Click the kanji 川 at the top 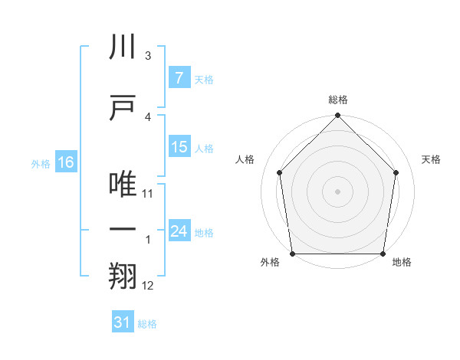(x=122, y=47)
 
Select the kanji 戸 (x=122, y=107)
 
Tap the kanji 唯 (x=122, y=185)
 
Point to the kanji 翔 (x=122, y=277)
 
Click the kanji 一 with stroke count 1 (x=122, y=231)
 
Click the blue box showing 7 (x=179, y=77)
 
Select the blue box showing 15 (x=179, y=147)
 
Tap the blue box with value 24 (x=179, y=231)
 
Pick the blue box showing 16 (x=66, y=162)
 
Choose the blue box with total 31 (x=123, y=322)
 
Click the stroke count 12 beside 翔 (x=149, y=286)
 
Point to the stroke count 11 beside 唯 (x=149, y=194)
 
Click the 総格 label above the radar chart (x=337, y=100)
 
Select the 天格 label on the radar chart (x=431, y=159)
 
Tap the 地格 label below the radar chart (x=401, y=262)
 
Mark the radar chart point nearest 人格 (x=279, y=172)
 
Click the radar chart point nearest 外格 (x=292, y=254)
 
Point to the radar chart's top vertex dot (x=337, y=116)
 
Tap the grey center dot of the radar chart (x=337, y=191)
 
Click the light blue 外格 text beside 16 (x=41, y=163)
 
